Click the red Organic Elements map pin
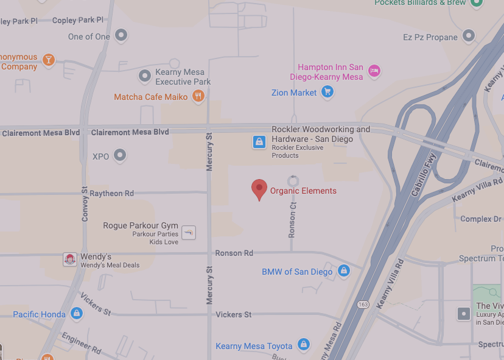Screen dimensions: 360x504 tap(259, 189)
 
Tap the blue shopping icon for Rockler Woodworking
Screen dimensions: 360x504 tap(259, 142)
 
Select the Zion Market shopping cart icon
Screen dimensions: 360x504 tap(327, 93)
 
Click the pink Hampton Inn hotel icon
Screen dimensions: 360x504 tap(374, 71)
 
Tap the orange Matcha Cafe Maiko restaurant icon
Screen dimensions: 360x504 tap(198, 96)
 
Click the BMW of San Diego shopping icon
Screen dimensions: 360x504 tap(343, 271)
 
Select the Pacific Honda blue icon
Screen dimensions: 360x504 tap(76, 314)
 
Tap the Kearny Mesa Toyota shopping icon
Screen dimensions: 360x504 tap(303, 345)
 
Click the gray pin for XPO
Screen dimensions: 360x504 tap(121, 156)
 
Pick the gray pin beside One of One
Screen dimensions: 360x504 tap(121, 36)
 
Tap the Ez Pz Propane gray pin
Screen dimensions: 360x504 tap(468, 37)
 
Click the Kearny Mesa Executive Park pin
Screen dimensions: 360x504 tap(145, 76)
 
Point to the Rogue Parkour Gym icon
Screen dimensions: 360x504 tap(189, 231)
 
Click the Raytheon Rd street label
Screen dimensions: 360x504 tap(111, 193)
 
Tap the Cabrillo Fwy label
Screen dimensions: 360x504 tap(424, 173)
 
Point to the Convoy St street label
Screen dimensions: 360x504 tap(85, 204)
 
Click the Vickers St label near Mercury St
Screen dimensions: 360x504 tap(233, 314)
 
